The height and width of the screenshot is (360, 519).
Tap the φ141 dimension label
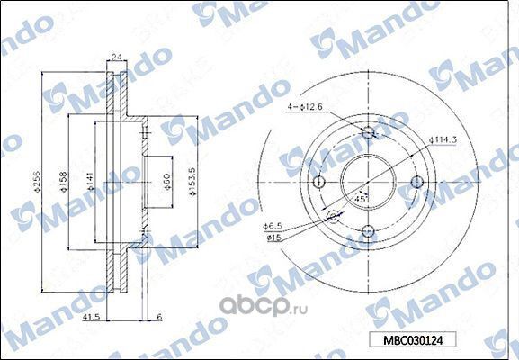coord(90,184)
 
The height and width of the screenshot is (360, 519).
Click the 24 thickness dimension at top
coord(116,56)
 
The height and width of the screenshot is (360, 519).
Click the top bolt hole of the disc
coord(367,134)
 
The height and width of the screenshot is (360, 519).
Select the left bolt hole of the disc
coord(318,183)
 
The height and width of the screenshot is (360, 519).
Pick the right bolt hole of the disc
coord(416,183)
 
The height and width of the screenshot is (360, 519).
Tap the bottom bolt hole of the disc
coord(367,232)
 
